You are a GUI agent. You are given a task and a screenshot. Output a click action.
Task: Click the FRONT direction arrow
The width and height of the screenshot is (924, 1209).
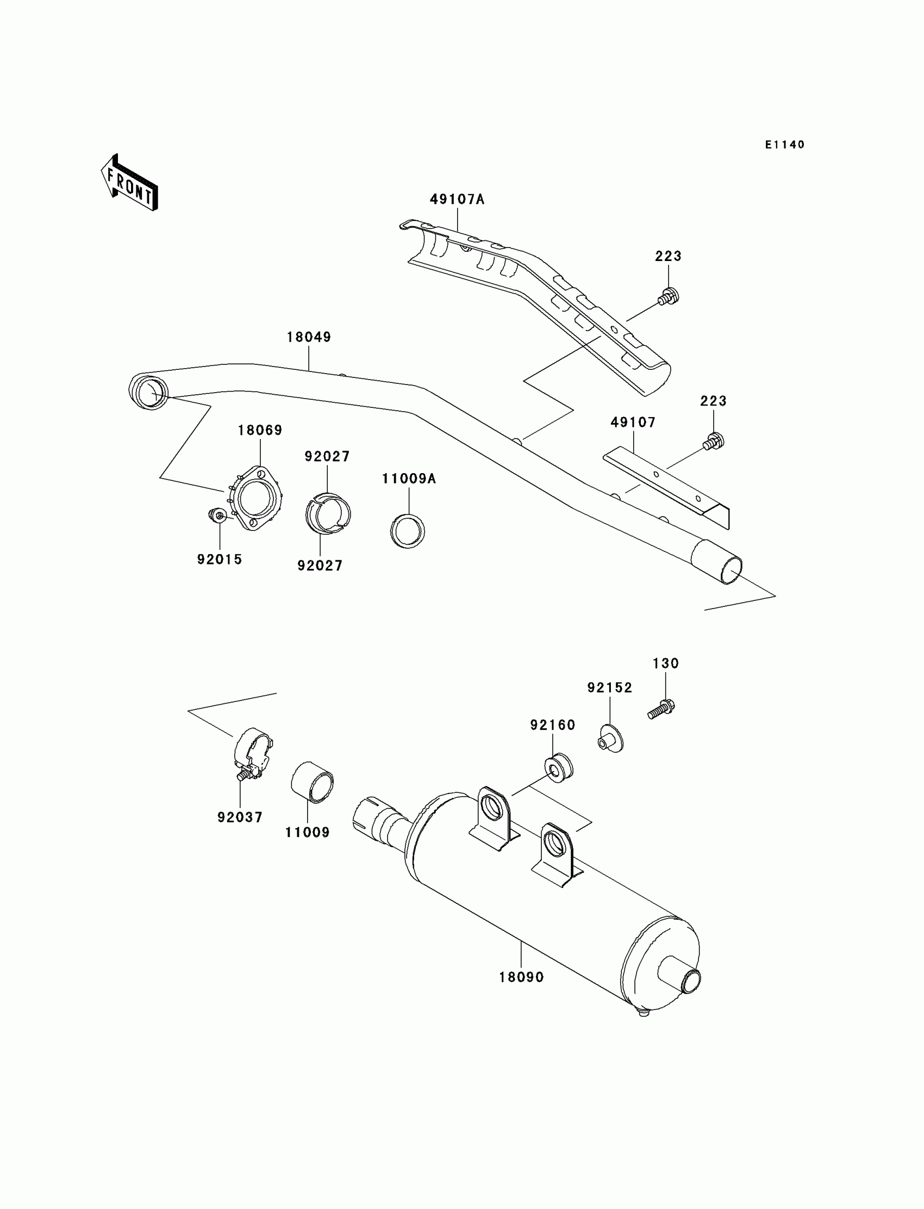(129, 183)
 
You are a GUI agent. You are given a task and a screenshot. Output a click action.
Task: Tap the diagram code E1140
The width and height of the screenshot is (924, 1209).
(784, 145)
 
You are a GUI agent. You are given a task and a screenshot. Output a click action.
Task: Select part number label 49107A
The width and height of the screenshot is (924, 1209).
(457, 199)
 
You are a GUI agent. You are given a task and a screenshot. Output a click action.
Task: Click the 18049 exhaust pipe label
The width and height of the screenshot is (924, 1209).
(309, 337)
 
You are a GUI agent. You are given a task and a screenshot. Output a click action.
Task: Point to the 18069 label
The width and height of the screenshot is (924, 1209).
(260, 430)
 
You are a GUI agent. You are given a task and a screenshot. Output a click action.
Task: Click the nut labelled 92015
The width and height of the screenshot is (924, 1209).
(218, 516)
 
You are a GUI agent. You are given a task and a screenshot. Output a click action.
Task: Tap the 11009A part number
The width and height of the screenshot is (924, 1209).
(409, 479)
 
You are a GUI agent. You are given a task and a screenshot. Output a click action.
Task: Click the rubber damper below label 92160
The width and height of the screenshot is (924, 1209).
(558, 766)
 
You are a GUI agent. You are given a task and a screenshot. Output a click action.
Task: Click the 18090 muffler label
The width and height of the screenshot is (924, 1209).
(521, 977)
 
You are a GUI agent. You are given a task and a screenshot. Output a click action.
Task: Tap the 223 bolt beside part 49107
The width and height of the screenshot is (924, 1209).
(713, 441)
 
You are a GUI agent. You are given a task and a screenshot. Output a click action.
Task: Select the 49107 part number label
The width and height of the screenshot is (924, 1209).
(633, 423)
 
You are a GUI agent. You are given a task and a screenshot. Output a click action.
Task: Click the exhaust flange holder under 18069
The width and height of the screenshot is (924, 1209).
(256, 498)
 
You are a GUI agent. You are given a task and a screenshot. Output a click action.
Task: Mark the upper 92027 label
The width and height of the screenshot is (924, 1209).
(327, 456)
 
